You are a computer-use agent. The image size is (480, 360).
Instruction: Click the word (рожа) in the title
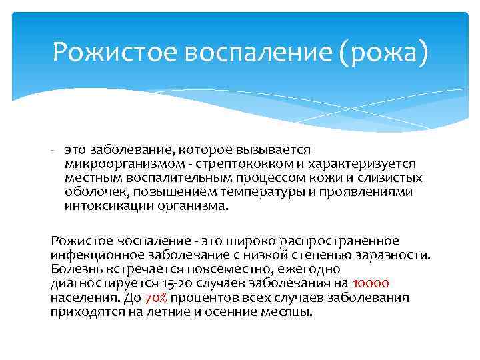384,51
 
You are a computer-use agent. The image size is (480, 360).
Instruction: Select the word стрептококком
229,163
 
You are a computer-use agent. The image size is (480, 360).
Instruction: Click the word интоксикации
103,206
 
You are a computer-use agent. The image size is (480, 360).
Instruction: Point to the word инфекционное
91,254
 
